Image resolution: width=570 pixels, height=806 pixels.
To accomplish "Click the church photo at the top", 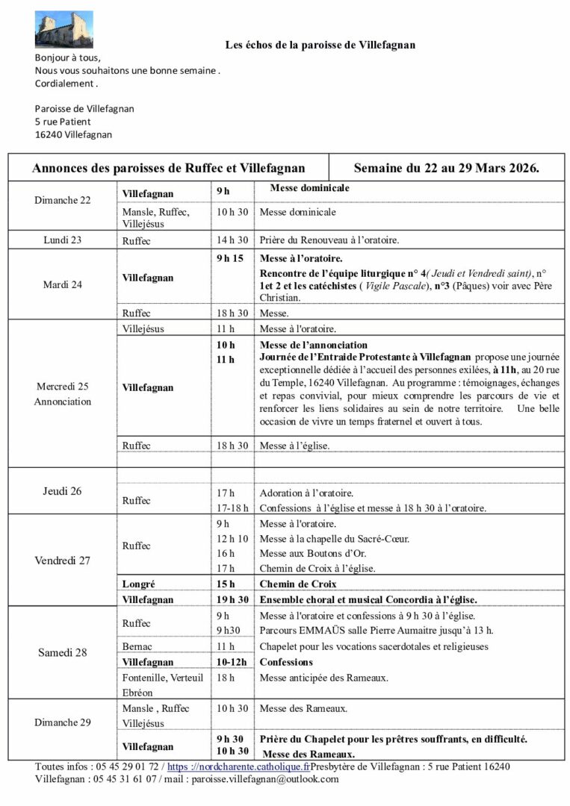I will (x=64, y=29).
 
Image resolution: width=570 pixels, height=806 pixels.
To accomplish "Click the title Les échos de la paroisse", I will (x=320, y=45).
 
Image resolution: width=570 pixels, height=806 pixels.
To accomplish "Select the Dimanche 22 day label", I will (x=63, y=200).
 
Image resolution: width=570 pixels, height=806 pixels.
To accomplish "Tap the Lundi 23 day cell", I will (x=63, y=240).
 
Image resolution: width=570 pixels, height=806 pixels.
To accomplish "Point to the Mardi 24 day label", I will (x=63, y=284).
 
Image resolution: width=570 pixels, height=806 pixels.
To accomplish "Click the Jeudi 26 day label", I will (x=63, y=491).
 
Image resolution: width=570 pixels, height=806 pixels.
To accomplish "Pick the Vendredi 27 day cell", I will (x=63, y=560).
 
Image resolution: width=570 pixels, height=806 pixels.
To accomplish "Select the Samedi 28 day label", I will (x=63, y=652).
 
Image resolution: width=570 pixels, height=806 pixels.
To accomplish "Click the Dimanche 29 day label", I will (x=63, y=722).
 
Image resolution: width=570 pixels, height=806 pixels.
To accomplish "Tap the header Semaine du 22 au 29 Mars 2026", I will (x=447, y=168).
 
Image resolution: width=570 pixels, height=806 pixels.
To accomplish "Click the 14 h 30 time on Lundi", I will (x=232, y=240).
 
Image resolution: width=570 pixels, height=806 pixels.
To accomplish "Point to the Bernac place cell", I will (x=137, y=646).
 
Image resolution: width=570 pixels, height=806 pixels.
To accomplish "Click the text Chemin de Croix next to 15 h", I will (x=298, y=584).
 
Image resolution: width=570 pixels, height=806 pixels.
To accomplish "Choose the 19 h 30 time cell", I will (x=232, y=599).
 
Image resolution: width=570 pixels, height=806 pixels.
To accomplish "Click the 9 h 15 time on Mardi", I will (x=229, y=258).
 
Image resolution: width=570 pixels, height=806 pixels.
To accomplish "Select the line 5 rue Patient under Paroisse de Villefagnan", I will (x=63, y=122).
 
